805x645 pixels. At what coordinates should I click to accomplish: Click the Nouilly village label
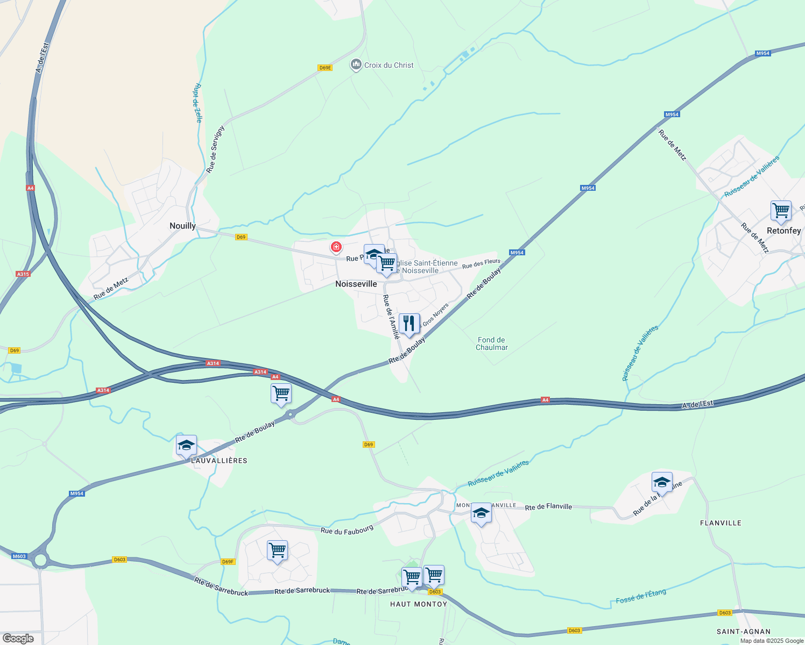click(182, 226)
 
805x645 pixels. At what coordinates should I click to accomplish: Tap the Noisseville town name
click(356, 284)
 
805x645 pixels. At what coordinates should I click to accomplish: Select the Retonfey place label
click(783, 231)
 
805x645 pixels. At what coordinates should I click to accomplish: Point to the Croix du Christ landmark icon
click(356, 65)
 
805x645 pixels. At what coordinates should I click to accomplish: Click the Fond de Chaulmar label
click(491, 343)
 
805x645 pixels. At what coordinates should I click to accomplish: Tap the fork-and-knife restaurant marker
click(409, 324)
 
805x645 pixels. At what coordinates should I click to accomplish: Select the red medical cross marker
click(336, 247)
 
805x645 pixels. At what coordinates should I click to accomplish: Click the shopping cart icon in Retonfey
click(781, 210)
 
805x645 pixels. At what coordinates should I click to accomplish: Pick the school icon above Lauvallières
click(186, 445)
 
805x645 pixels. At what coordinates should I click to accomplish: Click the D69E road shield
click(325, 68)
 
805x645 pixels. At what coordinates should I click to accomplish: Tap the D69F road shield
click(228, 562)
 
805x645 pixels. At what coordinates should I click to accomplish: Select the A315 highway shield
click(23, 274)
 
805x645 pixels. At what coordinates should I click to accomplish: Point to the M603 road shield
click(19, 556)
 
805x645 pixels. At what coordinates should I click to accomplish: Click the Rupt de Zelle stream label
click(198, 103)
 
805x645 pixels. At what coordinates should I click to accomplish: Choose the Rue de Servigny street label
click(215, 149)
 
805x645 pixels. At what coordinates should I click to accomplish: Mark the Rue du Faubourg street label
click(347, 530)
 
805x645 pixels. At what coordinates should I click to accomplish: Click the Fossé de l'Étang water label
click(641, 596)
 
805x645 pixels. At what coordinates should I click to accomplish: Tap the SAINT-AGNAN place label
click(744, 632)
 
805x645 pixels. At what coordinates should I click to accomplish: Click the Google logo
click(18, 639)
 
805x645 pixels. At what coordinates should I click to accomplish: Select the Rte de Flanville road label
click(548, 507)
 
